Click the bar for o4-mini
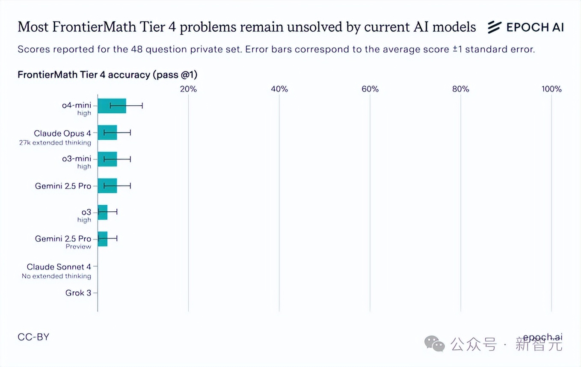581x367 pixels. (112, 106)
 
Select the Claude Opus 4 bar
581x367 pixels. (107, 133)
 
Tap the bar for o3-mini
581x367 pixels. (107, 159)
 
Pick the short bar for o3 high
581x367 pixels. (102, 212)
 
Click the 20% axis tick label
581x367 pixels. (188, 89)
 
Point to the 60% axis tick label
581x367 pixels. (370, 89)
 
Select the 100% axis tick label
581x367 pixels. (551, 89)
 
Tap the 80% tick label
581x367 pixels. (461, 89)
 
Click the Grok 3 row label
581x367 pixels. (78, 293)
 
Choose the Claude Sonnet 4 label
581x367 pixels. (59, 267)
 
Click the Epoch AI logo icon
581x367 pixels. (494, 27)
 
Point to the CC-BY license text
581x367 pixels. (33, 337)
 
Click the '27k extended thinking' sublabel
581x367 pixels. (55, 143)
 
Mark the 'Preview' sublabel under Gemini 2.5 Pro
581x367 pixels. (78, 247)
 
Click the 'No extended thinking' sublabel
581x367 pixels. (56, 276)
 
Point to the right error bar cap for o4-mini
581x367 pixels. (142, 106)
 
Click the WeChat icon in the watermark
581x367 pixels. (434, 343)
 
